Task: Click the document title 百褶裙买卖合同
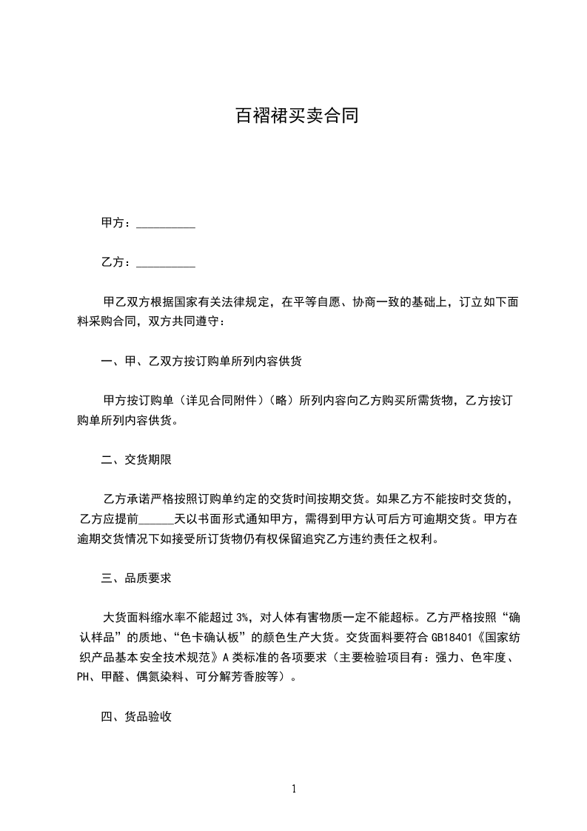coord(296,116)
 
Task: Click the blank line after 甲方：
coord(166,223)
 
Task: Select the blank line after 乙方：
coord(166,262)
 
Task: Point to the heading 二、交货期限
coord(136,460)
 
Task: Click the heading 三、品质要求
coord(136,578)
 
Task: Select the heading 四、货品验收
coord(136,716)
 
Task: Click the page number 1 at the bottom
coord(294,789)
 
